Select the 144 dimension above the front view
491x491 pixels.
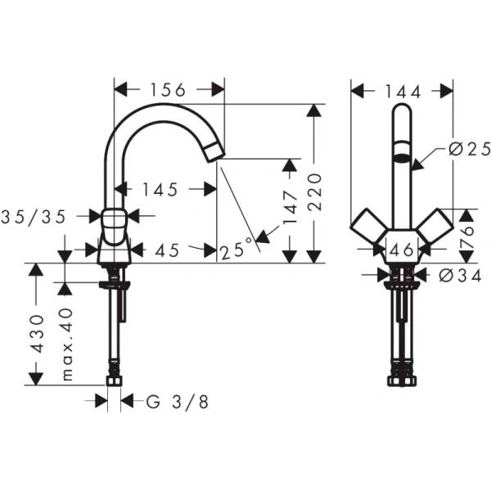[402, 89]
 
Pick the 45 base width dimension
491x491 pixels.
[167, 250]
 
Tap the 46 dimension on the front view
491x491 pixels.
[402, 250]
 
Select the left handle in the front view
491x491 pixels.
[367, 228]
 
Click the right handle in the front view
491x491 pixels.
[435, 228]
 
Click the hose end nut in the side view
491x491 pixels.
[115, 381]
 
